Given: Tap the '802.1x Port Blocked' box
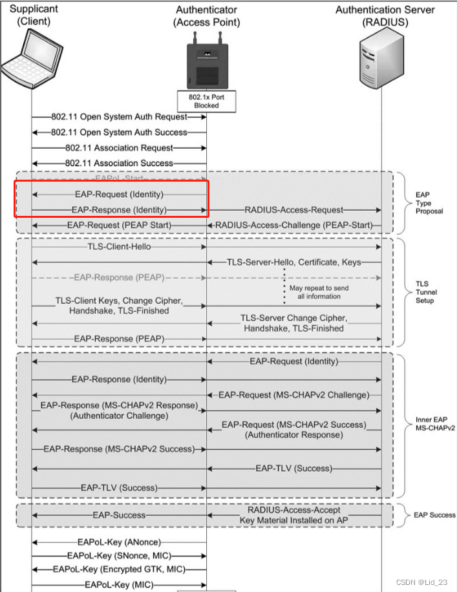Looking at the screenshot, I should click(206, 100).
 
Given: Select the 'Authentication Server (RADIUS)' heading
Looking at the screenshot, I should click(385, 16).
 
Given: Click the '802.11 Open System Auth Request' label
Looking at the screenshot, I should click(120, 117).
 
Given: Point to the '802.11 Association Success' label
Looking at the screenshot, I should click(120, 164).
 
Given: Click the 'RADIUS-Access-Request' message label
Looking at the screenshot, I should click(294, 210).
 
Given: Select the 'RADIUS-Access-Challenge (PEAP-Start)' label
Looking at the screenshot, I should click(294, 225).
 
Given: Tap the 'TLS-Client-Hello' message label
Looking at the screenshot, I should click(120, 247).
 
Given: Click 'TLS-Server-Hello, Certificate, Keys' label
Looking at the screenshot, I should click(294, 262).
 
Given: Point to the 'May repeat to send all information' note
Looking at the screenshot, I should click(315, 292).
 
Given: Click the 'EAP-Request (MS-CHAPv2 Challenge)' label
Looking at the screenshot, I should click(294, 395).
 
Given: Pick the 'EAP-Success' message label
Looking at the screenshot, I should click(119, 515).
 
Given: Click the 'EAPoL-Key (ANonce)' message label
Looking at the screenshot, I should click(119, 542).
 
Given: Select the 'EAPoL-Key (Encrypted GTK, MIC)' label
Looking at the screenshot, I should click(120, 569).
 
